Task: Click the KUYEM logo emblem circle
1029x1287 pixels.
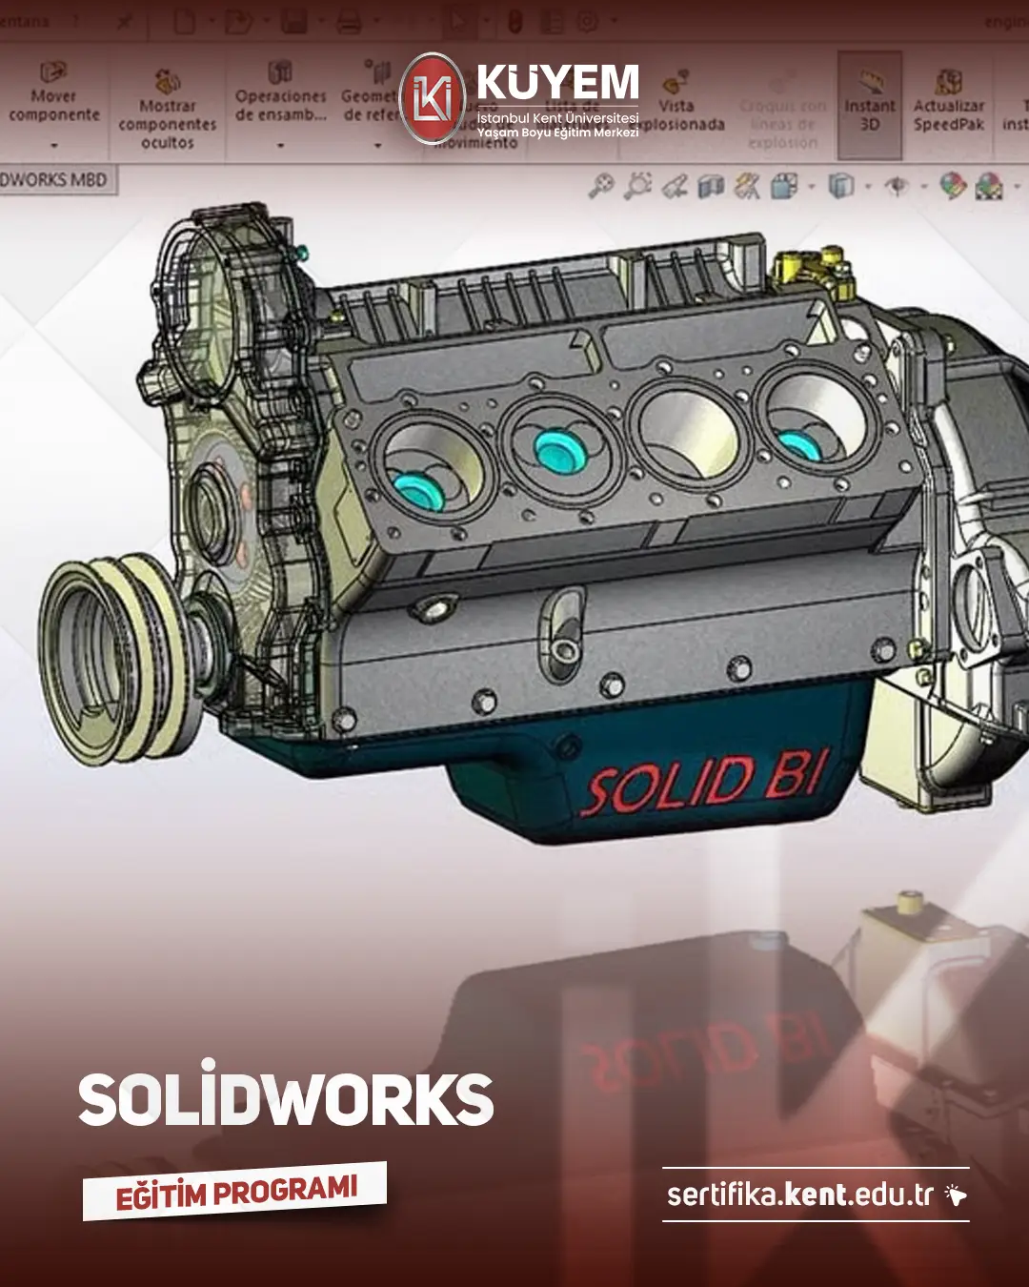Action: [x=433, y=98]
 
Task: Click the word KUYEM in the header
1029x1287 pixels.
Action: [x=557, y=83]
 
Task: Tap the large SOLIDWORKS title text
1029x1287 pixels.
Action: [x=286, y=1099]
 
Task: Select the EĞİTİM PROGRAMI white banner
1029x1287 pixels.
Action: [x=234, y=1192]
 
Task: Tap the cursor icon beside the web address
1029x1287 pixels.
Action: [x=955, y=1195]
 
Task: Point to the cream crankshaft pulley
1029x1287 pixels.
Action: [x=114, y=658]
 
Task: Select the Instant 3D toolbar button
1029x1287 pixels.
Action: [x=869, y=105]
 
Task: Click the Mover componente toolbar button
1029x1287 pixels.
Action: [x=54, y=95]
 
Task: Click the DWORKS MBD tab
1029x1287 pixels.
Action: [x=55, y=179]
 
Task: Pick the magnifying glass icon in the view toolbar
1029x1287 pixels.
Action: [x=600, y=186]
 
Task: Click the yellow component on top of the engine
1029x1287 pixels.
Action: [x=810, y=267]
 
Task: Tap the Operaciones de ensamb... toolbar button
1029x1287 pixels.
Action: [x=280, y=95]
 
